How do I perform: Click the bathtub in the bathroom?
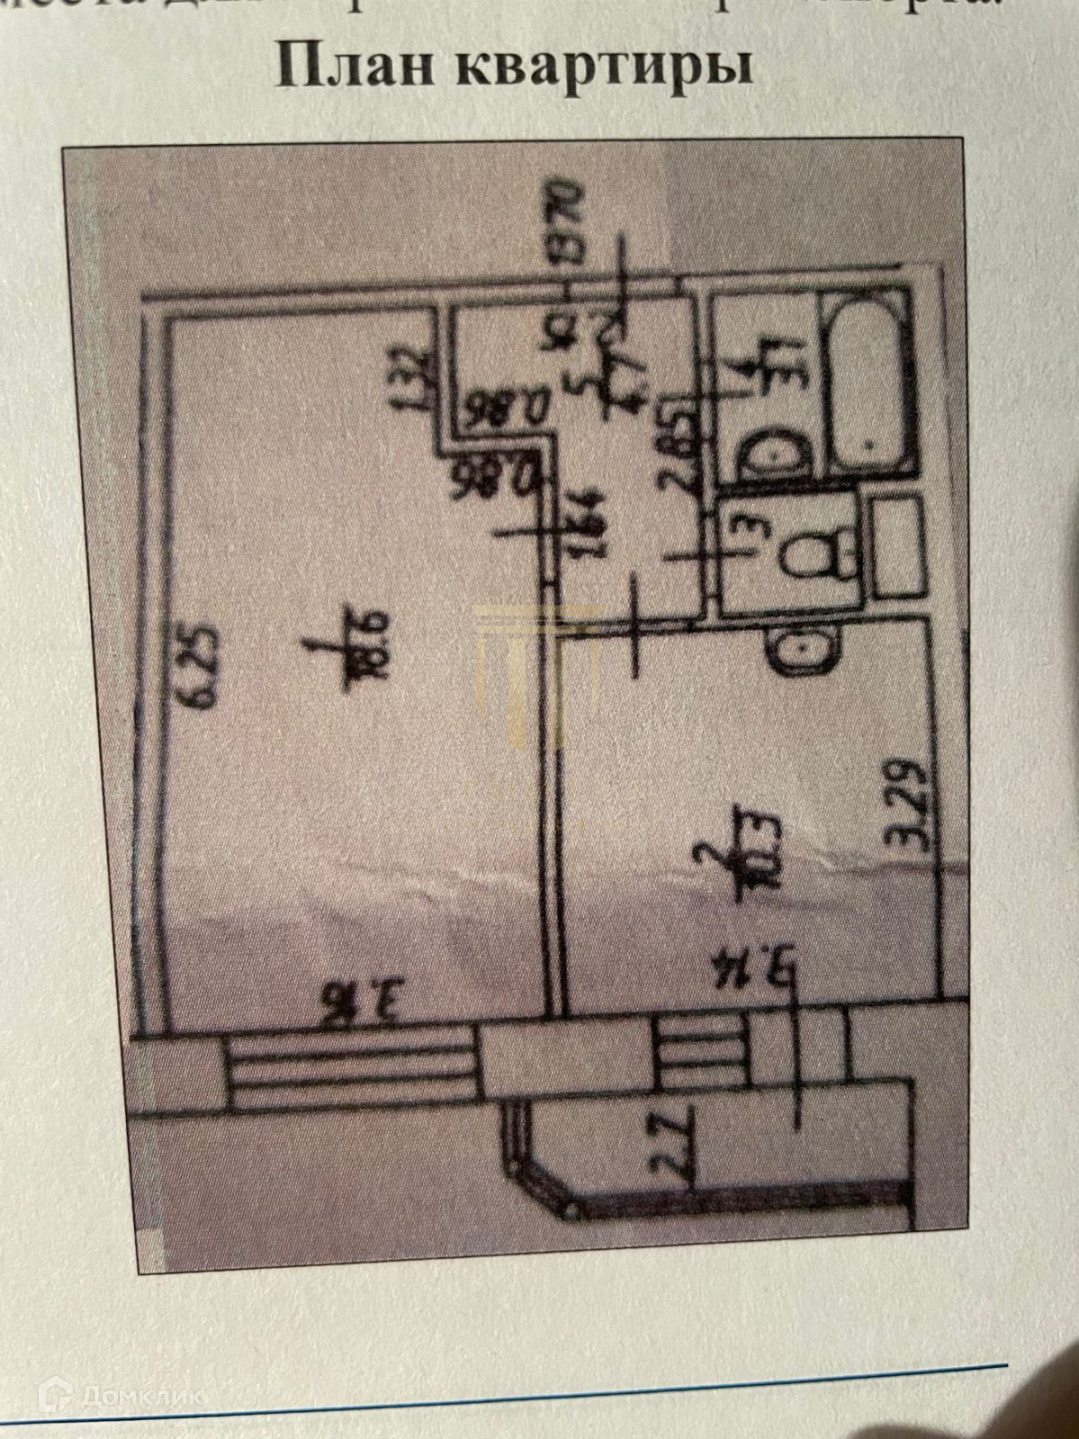coord(868,383)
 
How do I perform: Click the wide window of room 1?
coord(350,1073)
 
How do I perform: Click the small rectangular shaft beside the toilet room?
coord(896,547)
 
